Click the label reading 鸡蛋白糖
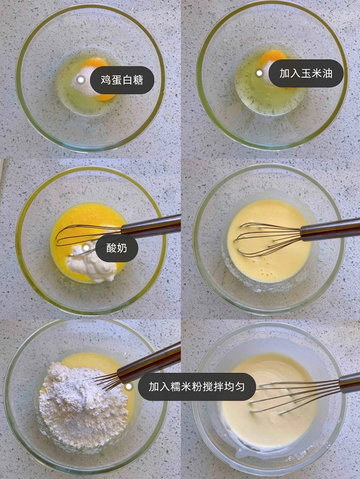click(x=122, y=80)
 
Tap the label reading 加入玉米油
click(x=306, y=73)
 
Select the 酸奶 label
click(x=117, y=248)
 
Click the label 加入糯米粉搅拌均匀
click(x=197, y=387)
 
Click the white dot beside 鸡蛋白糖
click(x=81, y=80)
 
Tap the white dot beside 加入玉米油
click(x=259, y=73)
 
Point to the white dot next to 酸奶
click(x=86, y=248)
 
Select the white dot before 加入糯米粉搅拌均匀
click(x=129, y=387)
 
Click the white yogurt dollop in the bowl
click(x=92, y=265)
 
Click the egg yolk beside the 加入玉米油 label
click(x=272, y=57)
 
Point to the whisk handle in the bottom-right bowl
click(x=349, y=383)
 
